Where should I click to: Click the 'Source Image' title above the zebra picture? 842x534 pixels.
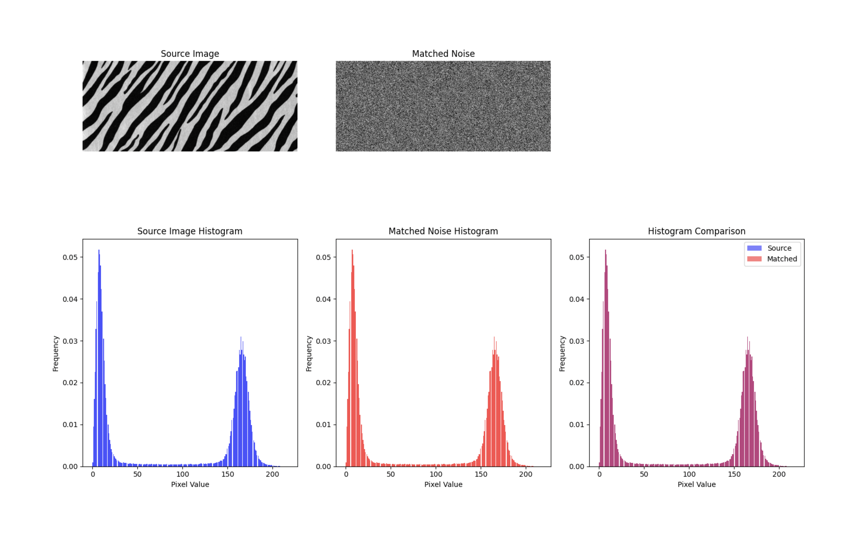coord(190,54)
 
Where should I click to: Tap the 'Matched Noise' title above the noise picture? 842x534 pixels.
coord(443,54)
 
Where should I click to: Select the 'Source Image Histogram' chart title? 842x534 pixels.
coord(189,231)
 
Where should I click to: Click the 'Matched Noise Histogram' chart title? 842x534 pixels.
coord(443,231)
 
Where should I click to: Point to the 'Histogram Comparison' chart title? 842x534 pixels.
coord(696,231)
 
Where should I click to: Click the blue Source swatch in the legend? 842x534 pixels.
coord(754,248)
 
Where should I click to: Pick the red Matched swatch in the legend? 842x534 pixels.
coord(754,259)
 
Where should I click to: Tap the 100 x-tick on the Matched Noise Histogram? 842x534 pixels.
coord(436,474)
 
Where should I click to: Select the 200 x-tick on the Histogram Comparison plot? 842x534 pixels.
coord(779,474)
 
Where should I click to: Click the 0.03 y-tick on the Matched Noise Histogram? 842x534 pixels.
coord(323,341)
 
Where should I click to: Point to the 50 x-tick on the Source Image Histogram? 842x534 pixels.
coord(138,474)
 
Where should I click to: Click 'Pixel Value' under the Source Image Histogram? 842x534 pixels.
coord(190,485)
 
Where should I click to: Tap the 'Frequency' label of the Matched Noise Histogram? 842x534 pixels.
coord(309,353)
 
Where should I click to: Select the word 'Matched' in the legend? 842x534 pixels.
coord(782,259)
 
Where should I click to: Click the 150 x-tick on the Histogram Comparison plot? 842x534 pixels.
coord(734,474)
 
